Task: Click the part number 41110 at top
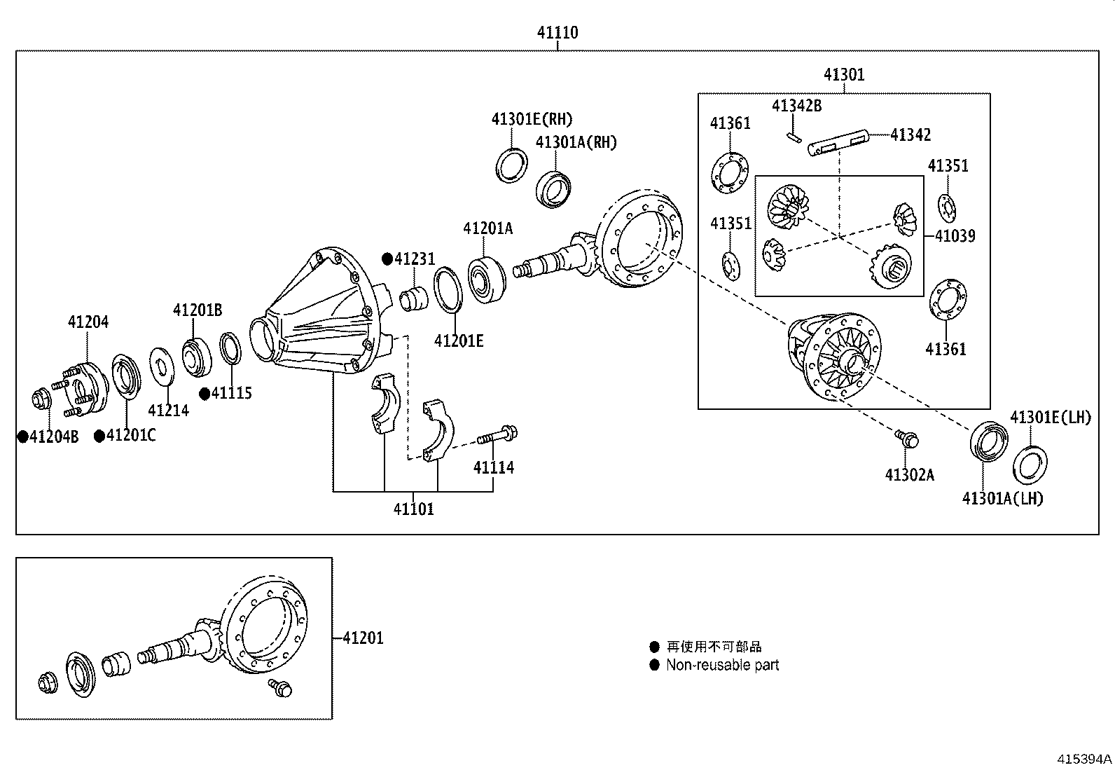[x=557, y=32]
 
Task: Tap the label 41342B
[x=796, y=106]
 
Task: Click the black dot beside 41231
[x=387, y=259]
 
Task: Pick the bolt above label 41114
[x=498, y=436]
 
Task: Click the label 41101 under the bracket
[x=413, y=509]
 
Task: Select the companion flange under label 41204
[x=85, y=387]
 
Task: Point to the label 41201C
[x=131, y=436]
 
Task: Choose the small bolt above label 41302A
[x=908, y=439]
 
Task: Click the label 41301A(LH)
[x=1002, y=498]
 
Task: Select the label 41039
[x=955, y=236]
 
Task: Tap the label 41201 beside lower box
[x=363, y=638]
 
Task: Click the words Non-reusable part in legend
[x=722, y=666]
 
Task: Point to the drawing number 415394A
[x=1084, y=759]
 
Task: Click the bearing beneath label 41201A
[x=487, y=281]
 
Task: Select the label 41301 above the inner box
[x=844, y=75]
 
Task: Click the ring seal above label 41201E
[x=449, y=289]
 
